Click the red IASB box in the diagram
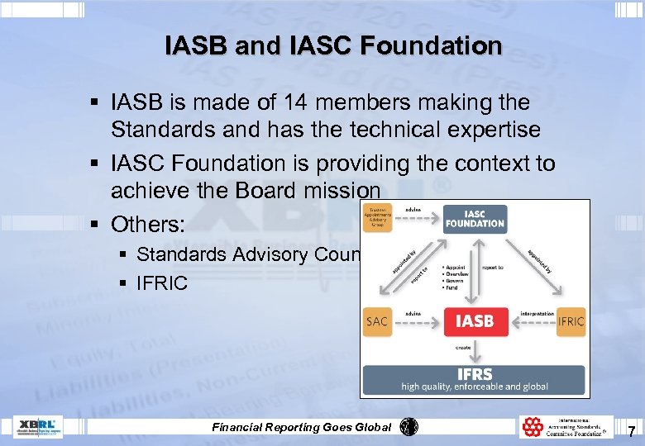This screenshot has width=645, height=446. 475,321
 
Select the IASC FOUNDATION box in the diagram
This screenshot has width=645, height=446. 475,219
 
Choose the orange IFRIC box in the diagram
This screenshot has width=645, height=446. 571,321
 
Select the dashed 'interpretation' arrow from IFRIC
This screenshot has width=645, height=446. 531,322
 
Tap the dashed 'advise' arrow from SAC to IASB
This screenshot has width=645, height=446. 418,322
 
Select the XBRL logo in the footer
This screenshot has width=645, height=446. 37,427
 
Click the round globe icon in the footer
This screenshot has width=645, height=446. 408,427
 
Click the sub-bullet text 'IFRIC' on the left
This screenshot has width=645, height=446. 162,282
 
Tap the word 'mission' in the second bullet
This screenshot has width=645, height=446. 322,191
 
